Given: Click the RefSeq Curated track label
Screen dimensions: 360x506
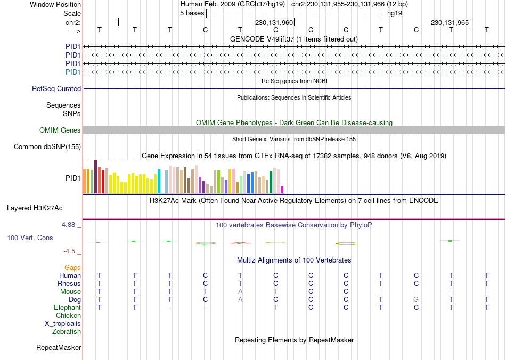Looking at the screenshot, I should coord(56,89).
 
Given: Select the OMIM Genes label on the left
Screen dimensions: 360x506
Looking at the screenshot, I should coord(60,130).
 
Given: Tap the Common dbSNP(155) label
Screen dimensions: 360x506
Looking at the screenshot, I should coord(47,147).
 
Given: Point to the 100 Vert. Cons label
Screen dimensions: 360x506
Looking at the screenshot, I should coord(30,238).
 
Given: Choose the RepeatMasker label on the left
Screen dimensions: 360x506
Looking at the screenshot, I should coord(59,348).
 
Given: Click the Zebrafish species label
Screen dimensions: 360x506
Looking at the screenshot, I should coord(67,332).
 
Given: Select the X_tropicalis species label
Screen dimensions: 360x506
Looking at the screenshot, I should coord(63,324).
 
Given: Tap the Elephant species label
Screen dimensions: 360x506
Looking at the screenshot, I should coord(67,308).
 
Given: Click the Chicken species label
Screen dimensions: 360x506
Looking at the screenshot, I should coord(68,316).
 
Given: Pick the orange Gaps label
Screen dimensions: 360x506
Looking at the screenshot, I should coord(72,267).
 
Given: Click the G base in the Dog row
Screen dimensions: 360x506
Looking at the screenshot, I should coord(416,300).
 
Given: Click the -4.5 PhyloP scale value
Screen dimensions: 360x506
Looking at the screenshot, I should coord(71,251).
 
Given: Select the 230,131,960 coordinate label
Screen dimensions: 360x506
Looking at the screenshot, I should coord(274,23).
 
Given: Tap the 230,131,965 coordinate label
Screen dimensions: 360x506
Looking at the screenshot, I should coord(450,23).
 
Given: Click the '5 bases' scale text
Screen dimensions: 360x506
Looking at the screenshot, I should coord(192,13).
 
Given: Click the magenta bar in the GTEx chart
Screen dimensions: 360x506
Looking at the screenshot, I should coord(282,189).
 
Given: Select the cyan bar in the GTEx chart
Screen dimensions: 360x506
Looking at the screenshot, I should coord(159,182).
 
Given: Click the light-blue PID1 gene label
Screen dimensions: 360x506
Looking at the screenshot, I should coord(73,72).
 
